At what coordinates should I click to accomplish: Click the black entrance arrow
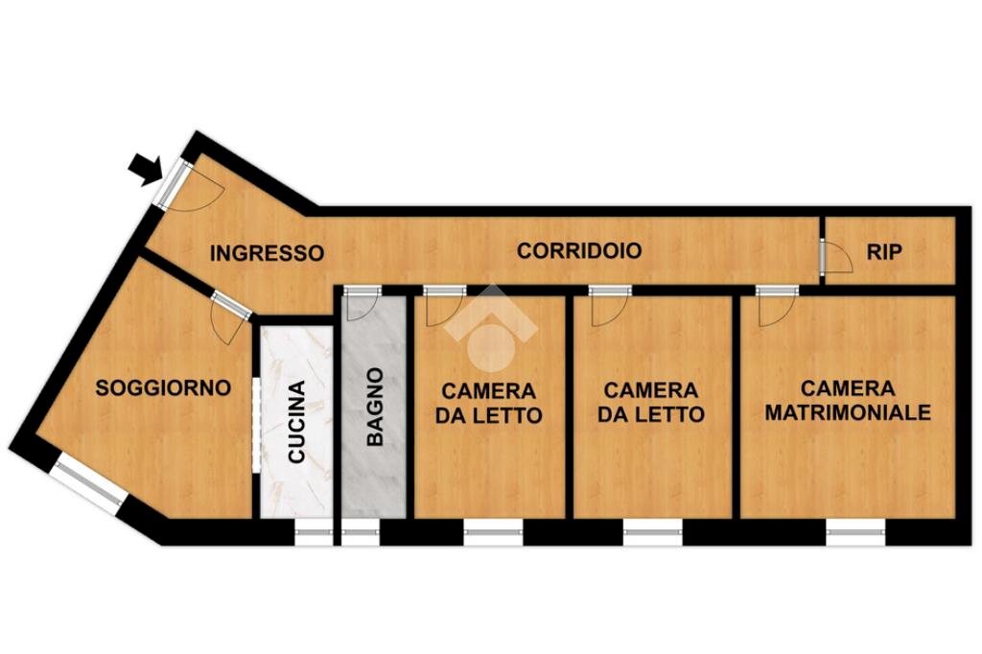point(145,170)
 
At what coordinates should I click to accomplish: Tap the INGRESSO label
point(267,253)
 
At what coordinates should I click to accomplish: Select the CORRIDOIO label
point(579,251)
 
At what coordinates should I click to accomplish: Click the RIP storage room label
point(884,251)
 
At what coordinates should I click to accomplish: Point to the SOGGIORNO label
point(163,388)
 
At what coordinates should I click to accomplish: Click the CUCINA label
point(297,422)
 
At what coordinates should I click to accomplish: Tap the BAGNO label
point(375,407)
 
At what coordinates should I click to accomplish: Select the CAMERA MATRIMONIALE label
point(848,401)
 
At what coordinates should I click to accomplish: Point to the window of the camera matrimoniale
point(854,531)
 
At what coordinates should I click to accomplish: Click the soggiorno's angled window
point(89,482)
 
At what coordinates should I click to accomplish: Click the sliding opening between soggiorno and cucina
point(256,424)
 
